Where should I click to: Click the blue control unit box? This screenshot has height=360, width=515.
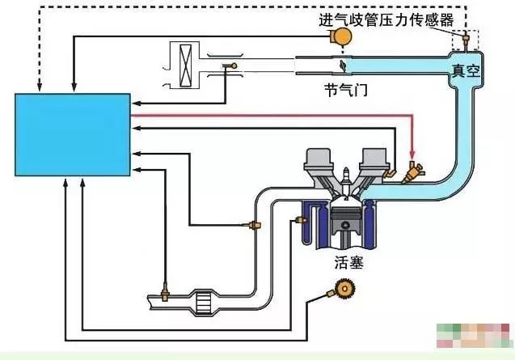point(73,134)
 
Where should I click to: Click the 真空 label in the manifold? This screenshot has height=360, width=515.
point(466,71)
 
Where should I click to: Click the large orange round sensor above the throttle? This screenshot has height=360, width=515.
point(343,36)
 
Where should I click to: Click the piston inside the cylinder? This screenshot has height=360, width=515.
point(345,220)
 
